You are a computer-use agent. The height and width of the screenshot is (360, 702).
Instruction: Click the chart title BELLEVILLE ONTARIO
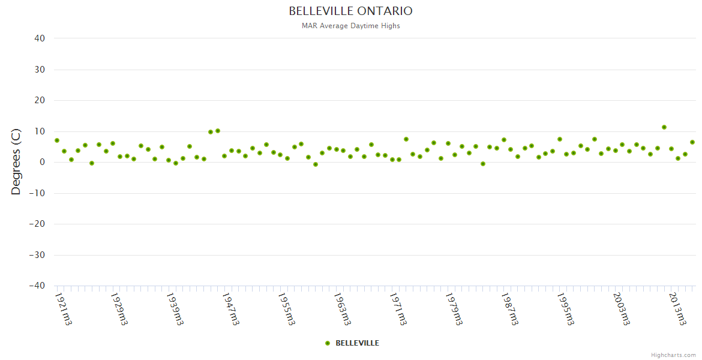pos(350,11)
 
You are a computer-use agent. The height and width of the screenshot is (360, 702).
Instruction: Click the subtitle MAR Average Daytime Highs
pos(350,26)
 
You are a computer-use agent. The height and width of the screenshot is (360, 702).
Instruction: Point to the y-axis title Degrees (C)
pos(16,161)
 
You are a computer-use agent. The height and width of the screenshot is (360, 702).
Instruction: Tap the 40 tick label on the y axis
pos(40,38)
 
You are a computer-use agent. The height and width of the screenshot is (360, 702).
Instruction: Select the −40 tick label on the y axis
pos(37,286)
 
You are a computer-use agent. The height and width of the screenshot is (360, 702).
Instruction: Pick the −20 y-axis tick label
pos(37,224)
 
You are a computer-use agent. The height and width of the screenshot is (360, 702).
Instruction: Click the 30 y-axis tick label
pos(40,70)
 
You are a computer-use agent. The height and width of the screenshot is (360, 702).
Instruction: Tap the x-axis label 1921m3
pos(64,308)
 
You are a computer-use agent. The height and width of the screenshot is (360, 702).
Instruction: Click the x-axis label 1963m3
pos(343,308)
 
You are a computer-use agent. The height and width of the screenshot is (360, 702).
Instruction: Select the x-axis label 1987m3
pos(510,308)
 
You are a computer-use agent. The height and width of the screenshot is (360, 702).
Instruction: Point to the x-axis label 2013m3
pos(677,308)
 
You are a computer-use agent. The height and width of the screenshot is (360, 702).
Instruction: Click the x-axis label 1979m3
pos(454,308)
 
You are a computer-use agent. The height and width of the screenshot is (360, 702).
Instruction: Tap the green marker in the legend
pos(328,343)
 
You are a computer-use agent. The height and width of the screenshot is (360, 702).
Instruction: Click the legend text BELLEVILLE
pos(357,343)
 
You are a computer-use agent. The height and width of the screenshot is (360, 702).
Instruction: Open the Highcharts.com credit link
pos(673,355)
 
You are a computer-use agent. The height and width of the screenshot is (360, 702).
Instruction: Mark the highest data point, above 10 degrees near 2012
pos(664,127)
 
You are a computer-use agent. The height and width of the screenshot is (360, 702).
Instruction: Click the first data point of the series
pos(57,140)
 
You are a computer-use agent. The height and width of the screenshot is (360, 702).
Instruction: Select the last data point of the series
pos(692,142)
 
